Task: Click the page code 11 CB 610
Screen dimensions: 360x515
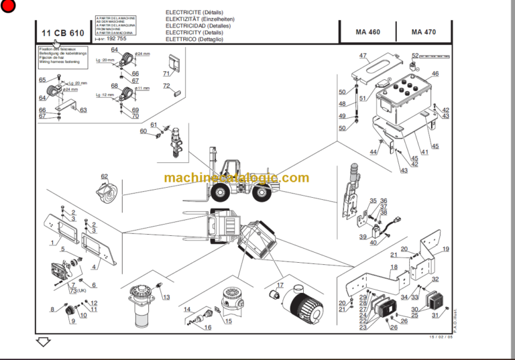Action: click(x=62, y=33)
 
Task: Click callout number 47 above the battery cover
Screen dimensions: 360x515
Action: click(x=363, y=56)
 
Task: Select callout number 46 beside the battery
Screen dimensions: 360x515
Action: click(x=435, y=74)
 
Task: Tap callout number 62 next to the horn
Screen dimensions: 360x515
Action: click(x=104, y=176)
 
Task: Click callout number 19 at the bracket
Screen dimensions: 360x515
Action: click(x=445, y=249)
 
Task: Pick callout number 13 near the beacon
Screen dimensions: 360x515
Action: click(x=166, y=297)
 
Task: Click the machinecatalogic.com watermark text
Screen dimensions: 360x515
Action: click(x=237, y=178)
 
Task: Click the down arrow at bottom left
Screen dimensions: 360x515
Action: click(x=44, y=342)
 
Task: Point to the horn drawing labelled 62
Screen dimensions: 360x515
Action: click(x=107, y=192)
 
